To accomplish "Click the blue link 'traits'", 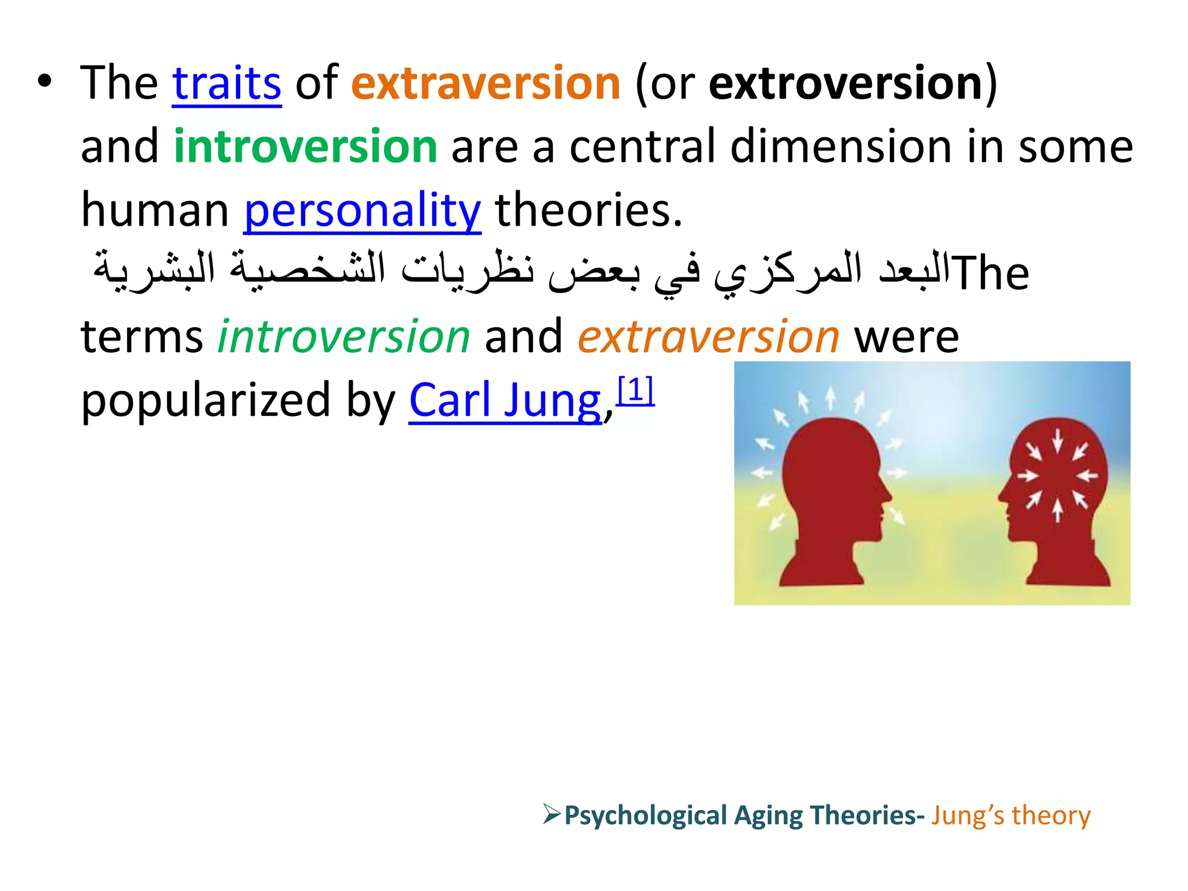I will [x=227, y=84].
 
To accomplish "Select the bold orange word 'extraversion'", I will [x=486, y=84].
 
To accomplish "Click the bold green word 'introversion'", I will [x=305, y=146].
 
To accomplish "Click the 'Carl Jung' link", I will [x=505, y=400].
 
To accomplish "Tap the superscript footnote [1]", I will [x=635, y=390].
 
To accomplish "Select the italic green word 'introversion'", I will [x=343, y=336].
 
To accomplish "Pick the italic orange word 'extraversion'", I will [x=708, y=336].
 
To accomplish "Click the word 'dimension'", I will [x=841, y=146].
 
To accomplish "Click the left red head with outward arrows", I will [x=830, y=493].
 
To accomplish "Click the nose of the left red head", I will [x=888, y=494].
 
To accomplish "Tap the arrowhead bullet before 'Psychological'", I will [x=551, y=814].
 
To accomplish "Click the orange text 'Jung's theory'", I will [x=1010, y=816].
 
